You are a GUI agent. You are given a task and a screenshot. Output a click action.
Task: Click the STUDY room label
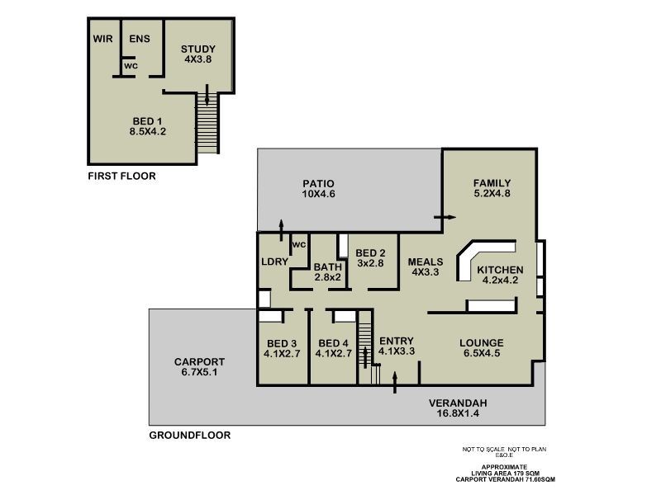(198, 49)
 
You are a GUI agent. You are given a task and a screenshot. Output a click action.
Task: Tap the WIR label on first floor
(102, 39)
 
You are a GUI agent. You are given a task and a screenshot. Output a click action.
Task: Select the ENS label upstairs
(139, 39)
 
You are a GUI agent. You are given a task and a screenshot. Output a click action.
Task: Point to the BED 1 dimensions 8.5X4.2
(148, 131)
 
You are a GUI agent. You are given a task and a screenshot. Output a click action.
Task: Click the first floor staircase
(207, 124)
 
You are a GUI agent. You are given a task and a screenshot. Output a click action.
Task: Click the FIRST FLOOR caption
(121, 176)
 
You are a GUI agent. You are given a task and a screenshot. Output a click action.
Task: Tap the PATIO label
(318, 183)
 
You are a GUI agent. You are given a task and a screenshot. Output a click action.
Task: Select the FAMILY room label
(492, 183)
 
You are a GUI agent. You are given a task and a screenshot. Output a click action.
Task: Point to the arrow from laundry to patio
(283, 227)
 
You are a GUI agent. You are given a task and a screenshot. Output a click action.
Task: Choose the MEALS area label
(426, 262)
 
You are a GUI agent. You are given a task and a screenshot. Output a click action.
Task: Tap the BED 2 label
(371, 253)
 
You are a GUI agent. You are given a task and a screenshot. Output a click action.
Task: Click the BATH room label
(327, 266)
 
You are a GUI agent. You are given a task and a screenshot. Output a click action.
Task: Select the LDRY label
(274, 262)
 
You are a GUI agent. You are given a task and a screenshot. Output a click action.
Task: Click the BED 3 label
(282, 343)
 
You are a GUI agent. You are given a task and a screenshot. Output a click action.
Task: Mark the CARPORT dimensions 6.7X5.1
(199, 372)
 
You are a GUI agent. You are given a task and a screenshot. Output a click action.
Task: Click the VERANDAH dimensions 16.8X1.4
(458, 413)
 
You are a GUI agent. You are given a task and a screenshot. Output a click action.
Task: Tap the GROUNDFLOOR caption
(189, 435)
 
